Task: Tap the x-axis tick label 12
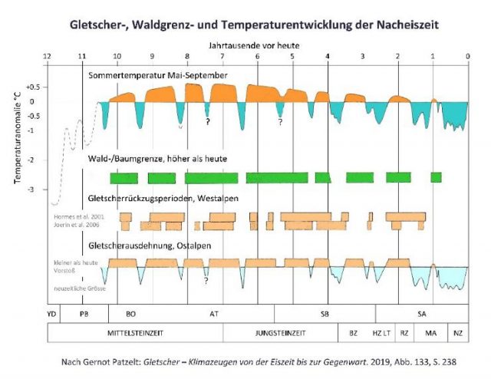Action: click(x=48, y=57)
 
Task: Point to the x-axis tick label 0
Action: click(x=467, y=57)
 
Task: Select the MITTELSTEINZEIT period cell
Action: click(x=136, y=333)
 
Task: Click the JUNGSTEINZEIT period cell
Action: click(x=281, y=333)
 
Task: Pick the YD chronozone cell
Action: click(x=52, y=314)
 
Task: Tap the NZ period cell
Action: click(x=457, y=333)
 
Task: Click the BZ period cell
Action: click(x=353, y=333)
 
